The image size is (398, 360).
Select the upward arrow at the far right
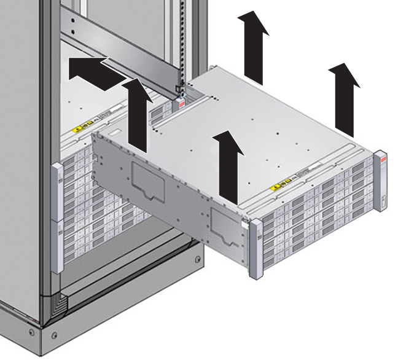(x=344, y=98)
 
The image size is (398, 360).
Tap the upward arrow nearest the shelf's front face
(x=227, y=166)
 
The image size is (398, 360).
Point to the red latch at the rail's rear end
(x=182, y=104)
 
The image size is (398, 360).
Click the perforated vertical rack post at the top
(x=181, y=37)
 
